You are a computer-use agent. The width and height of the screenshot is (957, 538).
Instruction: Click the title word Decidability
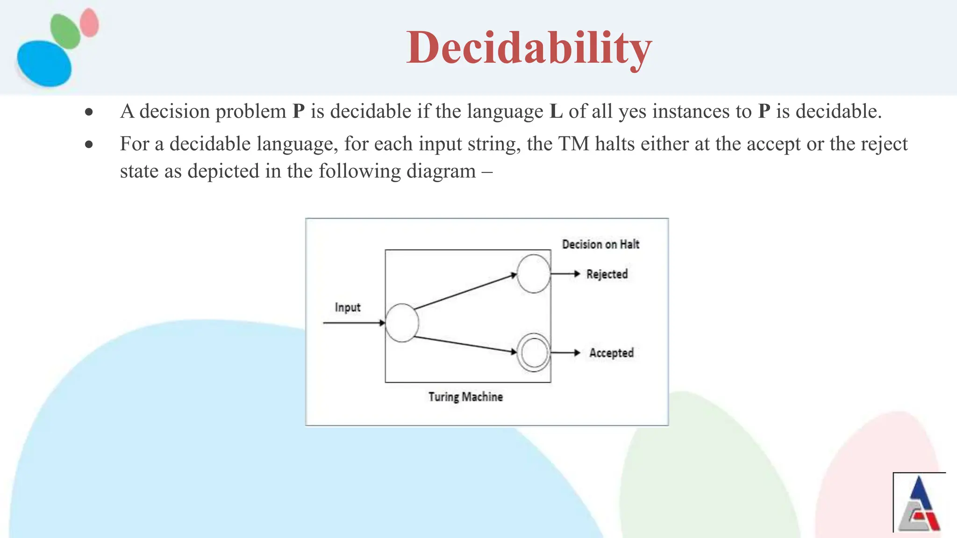(528, 48)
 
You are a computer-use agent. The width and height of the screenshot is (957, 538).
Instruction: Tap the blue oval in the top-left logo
(44, 64)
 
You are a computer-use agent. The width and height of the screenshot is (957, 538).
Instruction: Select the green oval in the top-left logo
(65, 31)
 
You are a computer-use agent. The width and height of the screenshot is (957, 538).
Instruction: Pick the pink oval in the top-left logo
(89, 22)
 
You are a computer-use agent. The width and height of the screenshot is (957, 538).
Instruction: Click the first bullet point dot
(89, 112)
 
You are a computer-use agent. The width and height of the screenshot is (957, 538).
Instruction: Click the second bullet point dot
(89, 145)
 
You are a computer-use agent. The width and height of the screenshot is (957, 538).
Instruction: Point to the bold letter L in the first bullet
(556, 112)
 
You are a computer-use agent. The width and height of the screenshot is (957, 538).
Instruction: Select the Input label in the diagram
(348, 307)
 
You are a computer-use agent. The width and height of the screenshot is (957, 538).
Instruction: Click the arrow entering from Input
(353, 323)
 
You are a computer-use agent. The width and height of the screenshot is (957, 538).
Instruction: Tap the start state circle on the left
(402, 323)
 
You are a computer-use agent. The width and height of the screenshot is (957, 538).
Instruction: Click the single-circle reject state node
(534, 274)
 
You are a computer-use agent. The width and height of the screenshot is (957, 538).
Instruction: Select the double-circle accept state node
(534, 353)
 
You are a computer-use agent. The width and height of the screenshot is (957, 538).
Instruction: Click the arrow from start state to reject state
(465, 292)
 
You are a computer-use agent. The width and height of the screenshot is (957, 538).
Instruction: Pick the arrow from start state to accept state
(465, 344)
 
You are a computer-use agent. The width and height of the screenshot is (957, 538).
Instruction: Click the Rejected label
(607, 274)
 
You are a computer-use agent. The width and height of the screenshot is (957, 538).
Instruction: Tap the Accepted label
(611, 353)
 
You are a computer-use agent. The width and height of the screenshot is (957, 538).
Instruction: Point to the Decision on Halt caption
(600, 244)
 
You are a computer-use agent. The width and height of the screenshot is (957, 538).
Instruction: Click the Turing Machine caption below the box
(465, 397)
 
